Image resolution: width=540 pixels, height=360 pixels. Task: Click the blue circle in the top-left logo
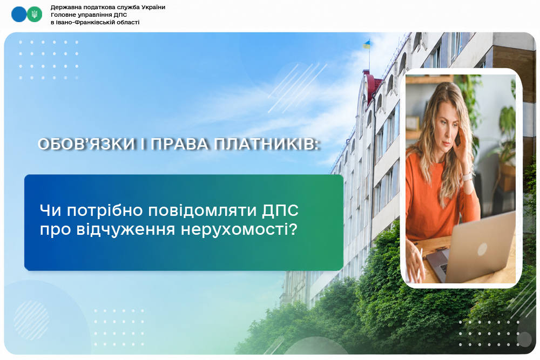pyautogui.click(x=19, y=15)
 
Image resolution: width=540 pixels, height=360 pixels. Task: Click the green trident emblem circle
pyautogui.click(x=35, y=15)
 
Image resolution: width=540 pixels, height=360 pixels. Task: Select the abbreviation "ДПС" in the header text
pyautogui.click(x=121, y=15)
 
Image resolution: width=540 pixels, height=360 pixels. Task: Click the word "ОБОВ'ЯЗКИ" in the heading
pyautogui.click(x=86, y=144)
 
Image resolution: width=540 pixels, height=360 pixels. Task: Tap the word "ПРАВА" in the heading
pyautogui.click(x=179, y=144)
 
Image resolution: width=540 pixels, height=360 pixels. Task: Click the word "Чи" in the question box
pyautogui.click(x=51, y=210)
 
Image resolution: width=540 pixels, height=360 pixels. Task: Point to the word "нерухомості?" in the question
pyautogui.click(x=239, y=229)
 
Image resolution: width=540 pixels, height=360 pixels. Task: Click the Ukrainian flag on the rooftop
pyautogui.click(x=366, y=44)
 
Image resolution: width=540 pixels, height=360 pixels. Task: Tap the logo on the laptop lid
pyautogui.click(x=482, y=249)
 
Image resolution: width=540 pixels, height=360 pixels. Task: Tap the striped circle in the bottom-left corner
pyautogui.click(x=31, y=320)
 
